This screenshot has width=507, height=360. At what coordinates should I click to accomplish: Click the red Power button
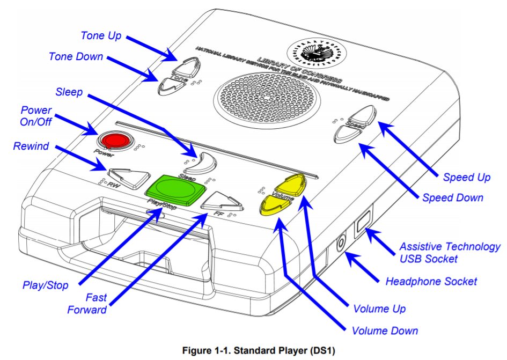(x=114, y=141)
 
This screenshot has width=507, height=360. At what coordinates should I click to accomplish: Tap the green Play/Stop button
(x=175, y=188)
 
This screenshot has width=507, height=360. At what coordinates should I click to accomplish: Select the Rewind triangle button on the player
(x=129, y=176)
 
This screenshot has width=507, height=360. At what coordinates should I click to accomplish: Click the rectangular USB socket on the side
(x=363, y=222)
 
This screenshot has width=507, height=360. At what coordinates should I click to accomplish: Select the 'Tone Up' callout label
(x=101, y=36)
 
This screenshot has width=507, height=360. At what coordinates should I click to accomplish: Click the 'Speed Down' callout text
(x=452, y=197)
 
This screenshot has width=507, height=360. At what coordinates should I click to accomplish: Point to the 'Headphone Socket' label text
(x=431, y=281)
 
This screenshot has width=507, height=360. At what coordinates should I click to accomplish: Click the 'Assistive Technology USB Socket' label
(x=450, y=253)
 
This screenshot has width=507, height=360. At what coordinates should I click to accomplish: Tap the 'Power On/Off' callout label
(x=36, y=116)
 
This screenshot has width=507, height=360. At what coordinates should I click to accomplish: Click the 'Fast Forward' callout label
(x=87, y=303)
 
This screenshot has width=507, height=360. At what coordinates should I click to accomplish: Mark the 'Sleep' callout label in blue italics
(x=69, y=92)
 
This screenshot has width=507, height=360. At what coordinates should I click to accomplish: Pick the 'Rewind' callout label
(x=32, y=146)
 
